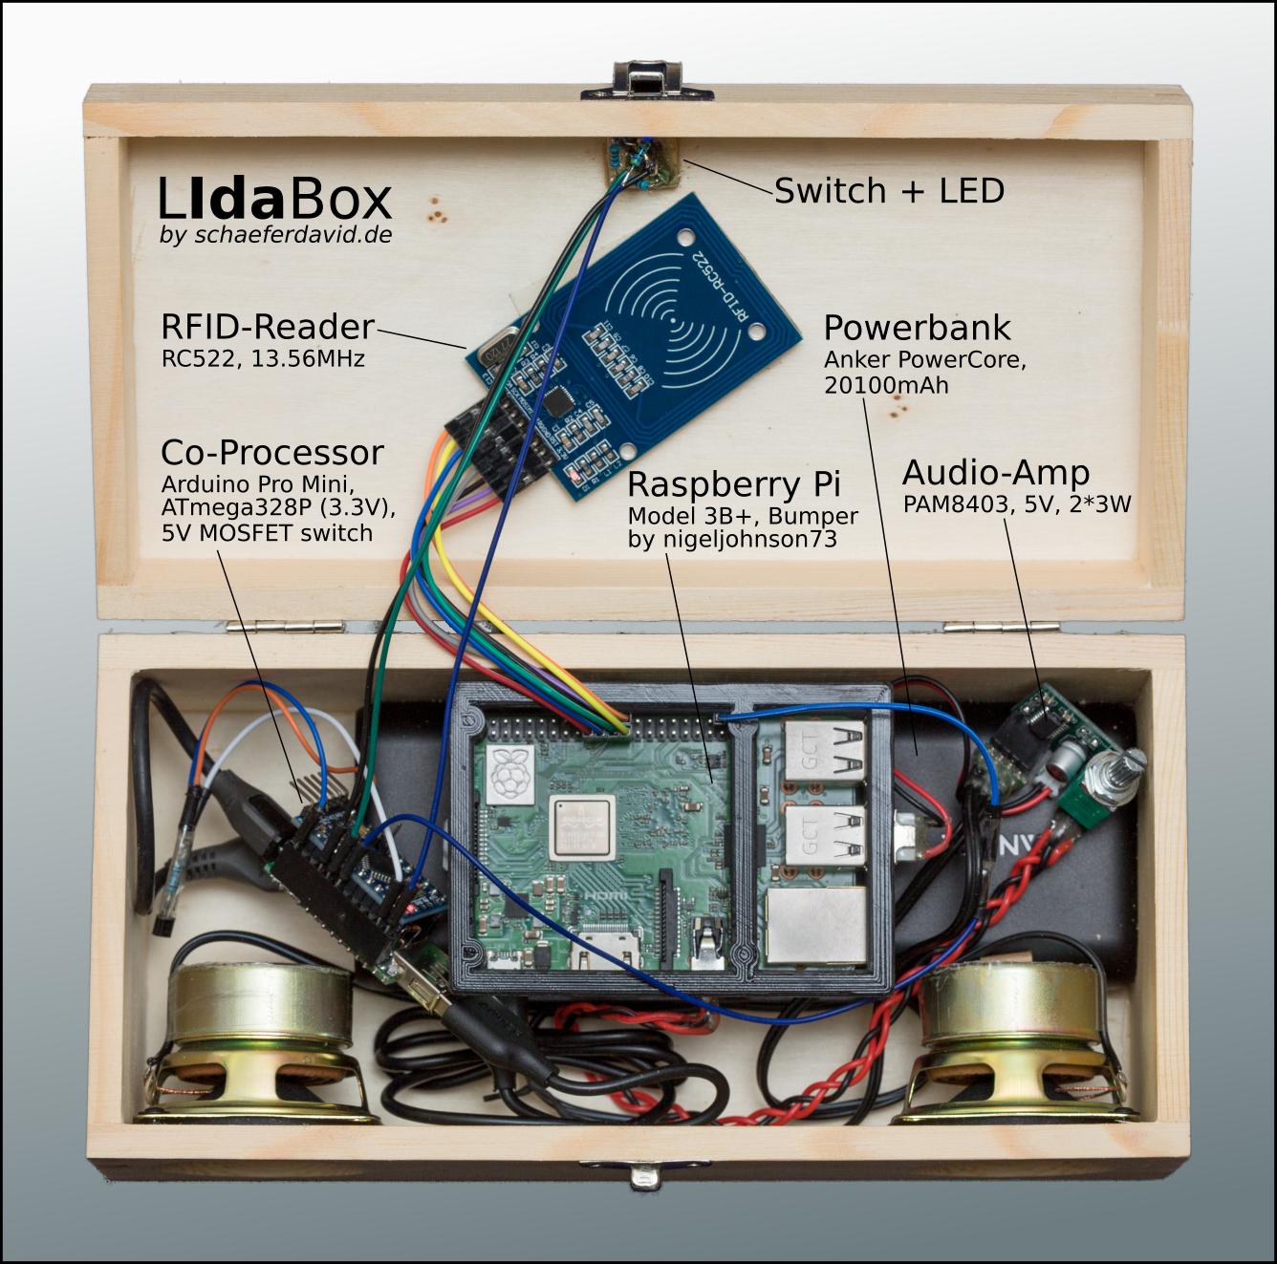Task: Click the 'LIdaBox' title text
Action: [275, 201]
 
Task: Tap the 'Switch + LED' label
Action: [889, 191]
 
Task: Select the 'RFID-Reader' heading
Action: [267, 328]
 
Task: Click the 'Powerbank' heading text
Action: [917, 329]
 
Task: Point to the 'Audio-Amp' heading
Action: [995, 473]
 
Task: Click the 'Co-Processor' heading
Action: [272, 452]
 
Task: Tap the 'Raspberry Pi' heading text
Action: [733, 484]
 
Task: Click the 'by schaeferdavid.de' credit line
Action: [276, 236]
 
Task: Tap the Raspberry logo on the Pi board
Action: [509, 774]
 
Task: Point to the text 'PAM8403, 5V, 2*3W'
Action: [1017, 504]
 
